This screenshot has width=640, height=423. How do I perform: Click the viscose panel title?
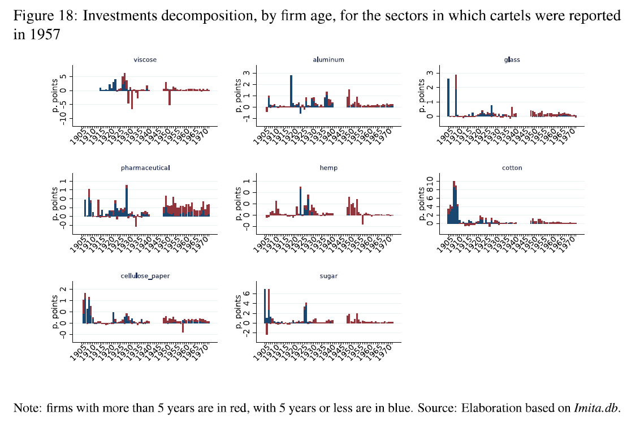145,59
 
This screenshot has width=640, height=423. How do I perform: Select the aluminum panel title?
328,59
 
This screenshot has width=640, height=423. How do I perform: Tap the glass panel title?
512,59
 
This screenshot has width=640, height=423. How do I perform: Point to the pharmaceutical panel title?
145,168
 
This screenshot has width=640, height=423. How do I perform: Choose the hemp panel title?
328,168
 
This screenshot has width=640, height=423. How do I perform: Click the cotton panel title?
512,168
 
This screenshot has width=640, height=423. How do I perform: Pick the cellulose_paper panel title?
145,276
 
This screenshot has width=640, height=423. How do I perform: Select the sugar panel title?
328,276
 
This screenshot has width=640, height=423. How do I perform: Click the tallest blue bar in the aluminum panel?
291,91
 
